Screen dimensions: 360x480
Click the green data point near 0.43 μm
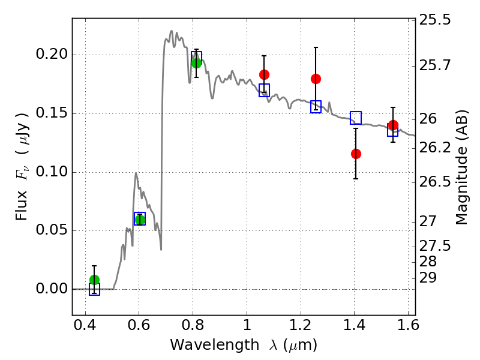click(x=94, y=280)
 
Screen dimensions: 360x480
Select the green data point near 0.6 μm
click(x=140, y=220)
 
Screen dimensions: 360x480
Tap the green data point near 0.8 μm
click(x=196, y=63)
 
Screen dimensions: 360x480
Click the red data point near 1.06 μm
click(x=264, y=74)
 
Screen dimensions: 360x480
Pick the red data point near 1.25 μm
click(x=316, y=79)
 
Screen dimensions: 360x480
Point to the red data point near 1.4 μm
click(x=356, y=154)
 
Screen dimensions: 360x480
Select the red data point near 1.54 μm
click(x=393, y=125)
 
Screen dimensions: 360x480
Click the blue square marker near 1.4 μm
click(x=356, y=118)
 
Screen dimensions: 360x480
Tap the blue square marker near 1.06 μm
click(x=264, y=91)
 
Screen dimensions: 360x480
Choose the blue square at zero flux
click(x=94, y=290)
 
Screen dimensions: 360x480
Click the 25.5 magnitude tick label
click(x=435, y=20)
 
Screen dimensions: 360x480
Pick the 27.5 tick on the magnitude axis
click(x=435, y=246)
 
